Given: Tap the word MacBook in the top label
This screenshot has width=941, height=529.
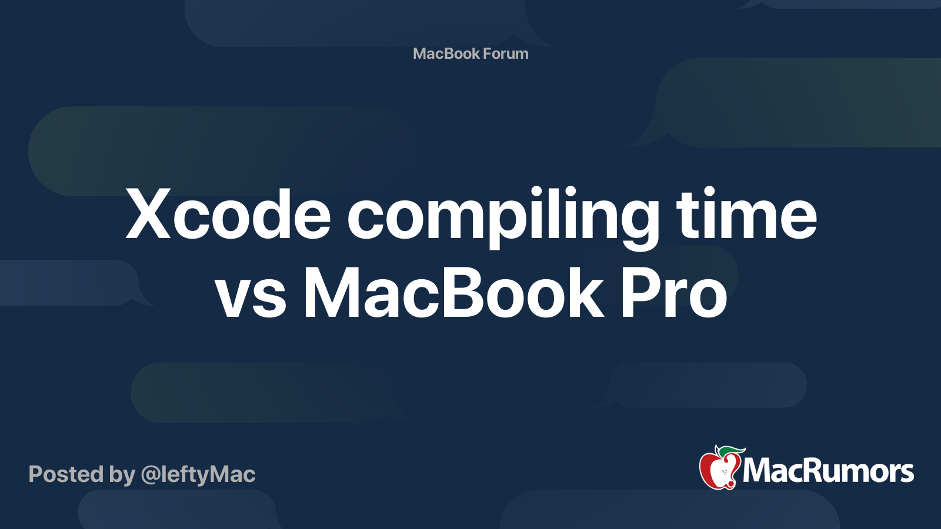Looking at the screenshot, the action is tap(446, 53).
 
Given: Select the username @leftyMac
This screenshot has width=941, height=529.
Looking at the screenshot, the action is tap(198, 475).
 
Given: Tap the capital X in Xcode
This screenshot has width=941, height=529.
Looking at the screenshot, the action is tap(148, 214).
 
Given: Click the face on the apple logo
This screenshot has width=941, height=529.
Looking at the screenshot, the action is tap(725, 473).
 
